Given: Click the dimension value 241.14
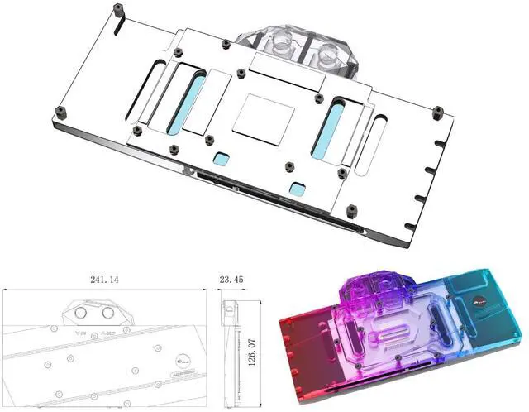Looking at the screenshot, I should coord(105,280).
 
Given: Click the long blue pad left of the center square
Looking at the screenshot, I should coord(184,103).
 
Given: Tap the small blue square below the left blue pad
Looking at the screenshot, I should coord(221,157).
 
